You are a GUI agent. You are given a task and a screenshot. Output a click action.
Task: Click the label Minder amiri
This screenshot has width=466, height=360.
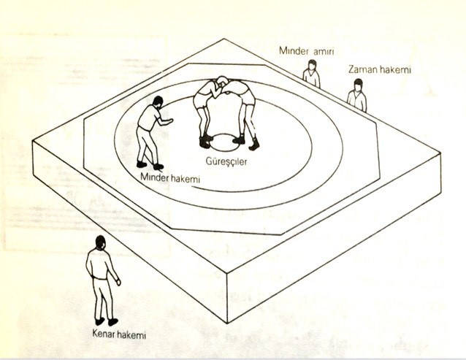[x=307, y=51]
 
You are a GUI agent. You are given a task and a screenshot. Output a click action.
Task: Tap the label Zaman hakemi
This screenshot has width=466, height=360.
[x=380, y=69]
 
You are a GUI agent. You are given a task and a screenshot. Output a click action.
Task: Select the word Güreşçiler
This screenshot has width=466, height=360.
[x=226, y=161]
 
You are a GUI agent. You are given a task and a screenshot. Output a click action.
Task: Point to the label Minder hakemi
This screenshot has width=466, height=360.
[x=170, y=178]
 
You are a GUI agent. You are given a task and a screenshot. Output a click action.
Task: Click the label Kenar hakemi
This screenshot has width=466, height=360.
[x=119, y=334]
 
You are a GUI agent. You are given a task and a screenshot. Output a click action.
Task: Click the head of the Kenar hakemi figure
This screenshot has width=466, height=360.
[x=101, y=242]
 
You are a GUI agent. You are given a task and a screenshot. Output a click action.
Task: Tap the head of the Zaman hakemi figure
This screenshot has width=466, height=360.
[x=359, y=85]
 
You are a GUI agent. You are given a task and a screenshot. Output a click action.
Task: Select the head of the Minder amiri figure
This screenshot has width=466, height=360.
[x=312, y=65]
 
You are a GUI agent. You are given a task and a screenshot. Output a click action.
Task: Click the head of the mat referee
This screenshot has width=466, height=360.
[x=158, y=102]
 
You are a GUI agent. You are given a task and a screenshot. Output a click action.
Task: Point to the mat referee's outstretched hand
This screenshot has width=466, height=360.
[x=170, y=121]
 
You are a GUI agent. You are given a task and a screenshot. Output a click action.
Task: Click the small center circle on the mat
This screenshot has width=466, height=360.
[x=224, y=142]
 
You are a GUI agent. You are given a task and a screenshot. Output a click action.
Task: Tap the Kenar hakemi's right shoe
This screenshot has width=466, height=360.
[x=113, y=321]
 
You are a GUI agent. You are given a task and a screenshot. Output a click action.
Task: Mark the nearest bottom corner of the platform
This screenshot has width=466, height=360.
[x=227, y=323]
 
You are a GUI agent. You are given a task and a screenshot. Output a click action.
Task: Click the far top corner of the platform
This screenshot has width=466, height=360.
[x=224, y=39]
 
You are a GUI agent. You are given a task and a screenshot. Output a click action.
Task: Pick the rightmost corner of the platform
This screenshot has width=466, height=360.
[x=440, y=153]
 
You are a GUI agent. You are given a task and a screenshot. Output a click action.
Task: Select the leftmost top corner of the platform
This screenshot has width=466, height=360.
[x=32, y=141]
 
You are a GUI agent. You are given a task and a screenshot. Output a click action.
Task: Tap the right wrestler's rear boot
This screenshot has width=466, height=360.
[x=255, y=144]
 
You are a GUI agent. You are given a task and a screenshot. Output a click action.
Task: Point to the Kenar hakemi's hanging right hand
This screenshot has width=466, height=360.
[x=118, y=282]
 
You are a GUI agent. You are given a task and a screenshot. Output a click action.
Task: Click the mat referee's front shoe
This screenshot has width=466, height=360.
[x=158, y=166]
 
